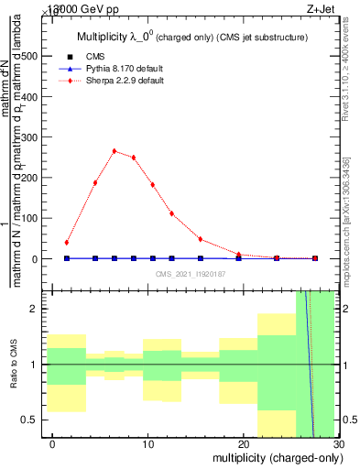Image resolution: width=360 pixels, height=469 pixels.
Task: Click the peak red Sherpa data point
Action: [x=115, y=151]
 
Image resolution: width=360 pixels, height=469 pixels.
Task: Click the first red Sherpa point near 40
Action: [x=67, y=243]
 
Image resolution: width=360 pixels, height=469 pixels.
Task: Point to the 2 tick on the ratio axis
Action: [x=37, y=309]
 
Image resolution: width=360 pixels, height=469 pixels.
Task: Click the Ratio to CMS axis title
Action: [x=14, y=365]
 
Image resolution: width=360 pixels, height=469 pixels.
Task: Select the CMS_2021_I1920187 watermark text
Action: [x=191, y=274]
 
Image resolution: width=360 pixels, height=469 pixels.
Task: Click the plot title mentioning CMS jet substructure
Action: [x=191, y=37]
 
